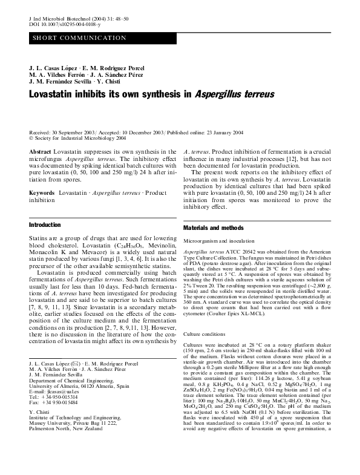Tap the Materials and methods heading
(x=212, y=228)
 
